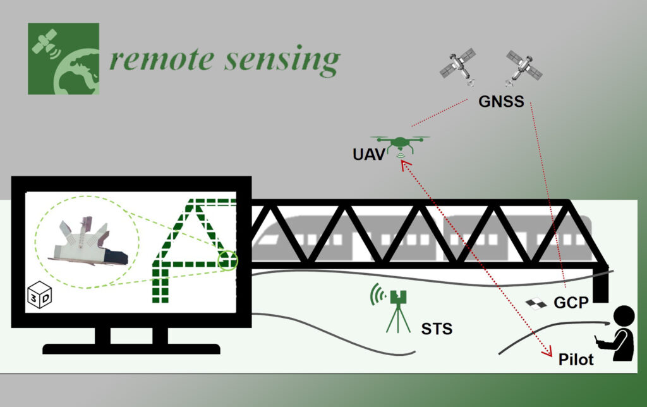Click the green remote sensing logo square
[63, 59]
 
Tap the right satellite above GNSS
[524, 66]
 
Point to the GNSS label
[500, 101]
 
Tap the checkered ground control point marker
[535, 304]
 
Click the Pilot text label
[576, 360]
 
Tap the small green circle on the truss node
[227, 259]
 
